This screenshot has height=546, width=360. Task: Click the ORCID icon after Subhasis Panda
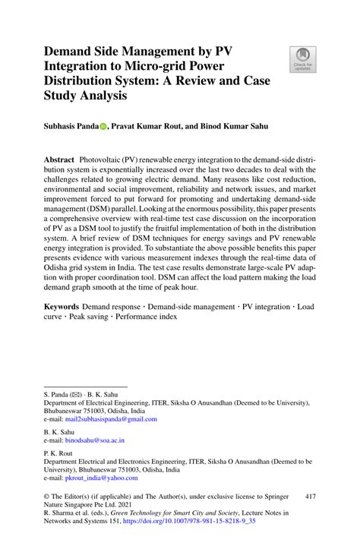[103, 128]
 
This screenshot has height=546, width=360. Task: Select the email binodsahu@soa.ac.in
[94, 440]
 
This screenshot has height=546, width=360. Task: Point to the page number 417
[309, 497]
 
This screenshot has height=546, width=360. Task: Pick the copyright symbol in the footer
[47, 497]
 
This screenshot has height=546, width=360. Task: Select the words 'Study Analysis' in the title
[84, 97]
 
